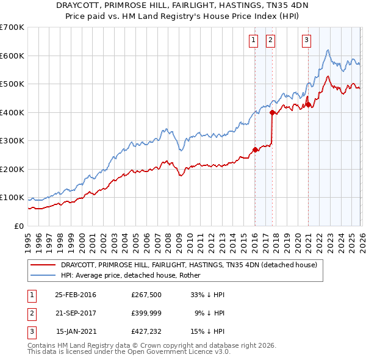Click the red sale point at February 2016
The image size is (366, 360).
click(255, 150)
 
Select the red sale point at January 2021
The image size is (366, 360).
click(308, 105)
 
